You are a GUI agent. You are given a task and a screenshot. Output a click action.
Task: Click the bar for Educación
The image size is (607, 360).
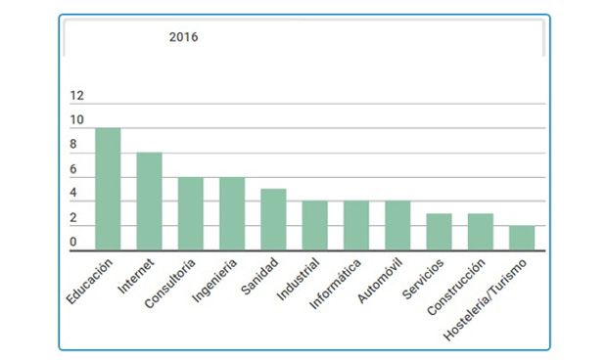[x=108, y=189]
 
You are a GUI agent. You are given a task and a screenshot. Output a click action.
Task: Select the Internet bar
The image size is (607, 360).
[x=149, y=202]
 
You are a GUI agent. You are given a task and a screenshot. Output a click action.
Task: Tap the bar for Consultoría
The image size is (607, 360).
[x=190, y=213]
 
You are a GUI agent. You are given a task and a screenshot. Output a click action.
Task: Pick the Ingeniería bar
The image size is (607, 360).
[x=232, y=213]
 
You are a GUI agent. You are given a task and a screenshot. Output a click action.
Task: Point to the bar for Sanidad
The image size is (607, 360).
[x=273, y=219]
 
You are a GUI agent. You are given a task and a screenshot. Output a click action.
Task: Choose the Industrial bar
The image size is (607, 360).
[x=315, y=225]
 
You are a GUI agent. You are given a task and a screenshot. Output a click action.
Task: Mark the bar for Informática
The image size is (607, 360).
[x=356, y=225]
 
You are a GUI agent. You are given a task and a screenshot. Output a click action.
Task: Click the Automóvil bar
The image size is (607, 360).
[x=397, y=225]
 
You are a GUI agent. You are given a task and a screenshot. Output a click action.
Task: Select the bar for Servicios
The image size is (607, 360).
[x=439, y=232]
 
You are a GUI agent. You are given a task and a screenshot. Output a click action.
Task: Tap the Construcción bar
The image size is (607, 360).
[x=481, y=232]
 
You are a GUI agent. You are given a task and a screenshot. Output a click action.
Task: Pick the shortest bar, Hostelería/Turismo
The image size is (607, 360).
[x=522, y=238]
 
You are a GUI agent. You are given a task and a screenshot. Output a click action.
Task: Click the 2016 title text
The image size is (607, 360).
[x=183, y=37]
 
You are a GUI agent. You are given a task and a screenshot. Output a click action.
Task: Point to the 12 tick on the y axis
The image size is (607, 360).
[x=77, y=96]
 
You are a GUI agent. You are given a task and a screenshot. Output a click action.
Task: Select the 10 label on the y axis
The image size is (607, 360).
[x=77, y=120]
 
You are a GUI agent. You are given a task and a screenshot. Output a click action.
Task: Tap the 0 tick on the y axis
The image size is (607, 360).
[x=73, y=243]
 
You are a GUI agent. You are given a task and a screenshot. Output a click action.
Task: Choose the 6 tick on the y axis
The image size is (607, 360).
[x=73, y=169]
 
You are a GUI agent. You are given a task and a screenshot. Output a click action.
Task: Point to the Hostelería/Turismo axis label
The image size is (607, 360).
[x=488, y=298]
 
